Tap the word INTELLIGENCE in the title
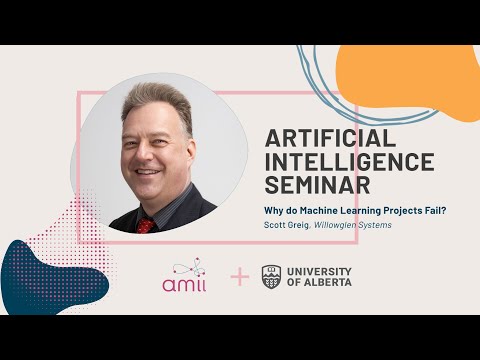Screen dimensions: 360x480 click(x=349, y=161)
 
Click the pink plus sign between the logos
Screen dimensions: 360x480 click(x=239, y=276)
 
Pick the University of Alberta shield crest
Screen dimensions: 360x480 click(x=271, y=276)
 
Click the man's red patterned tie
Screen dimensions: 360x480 click(x=146, y=224)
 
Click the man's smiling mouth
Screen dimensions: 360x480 click(x=150, y=173)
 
